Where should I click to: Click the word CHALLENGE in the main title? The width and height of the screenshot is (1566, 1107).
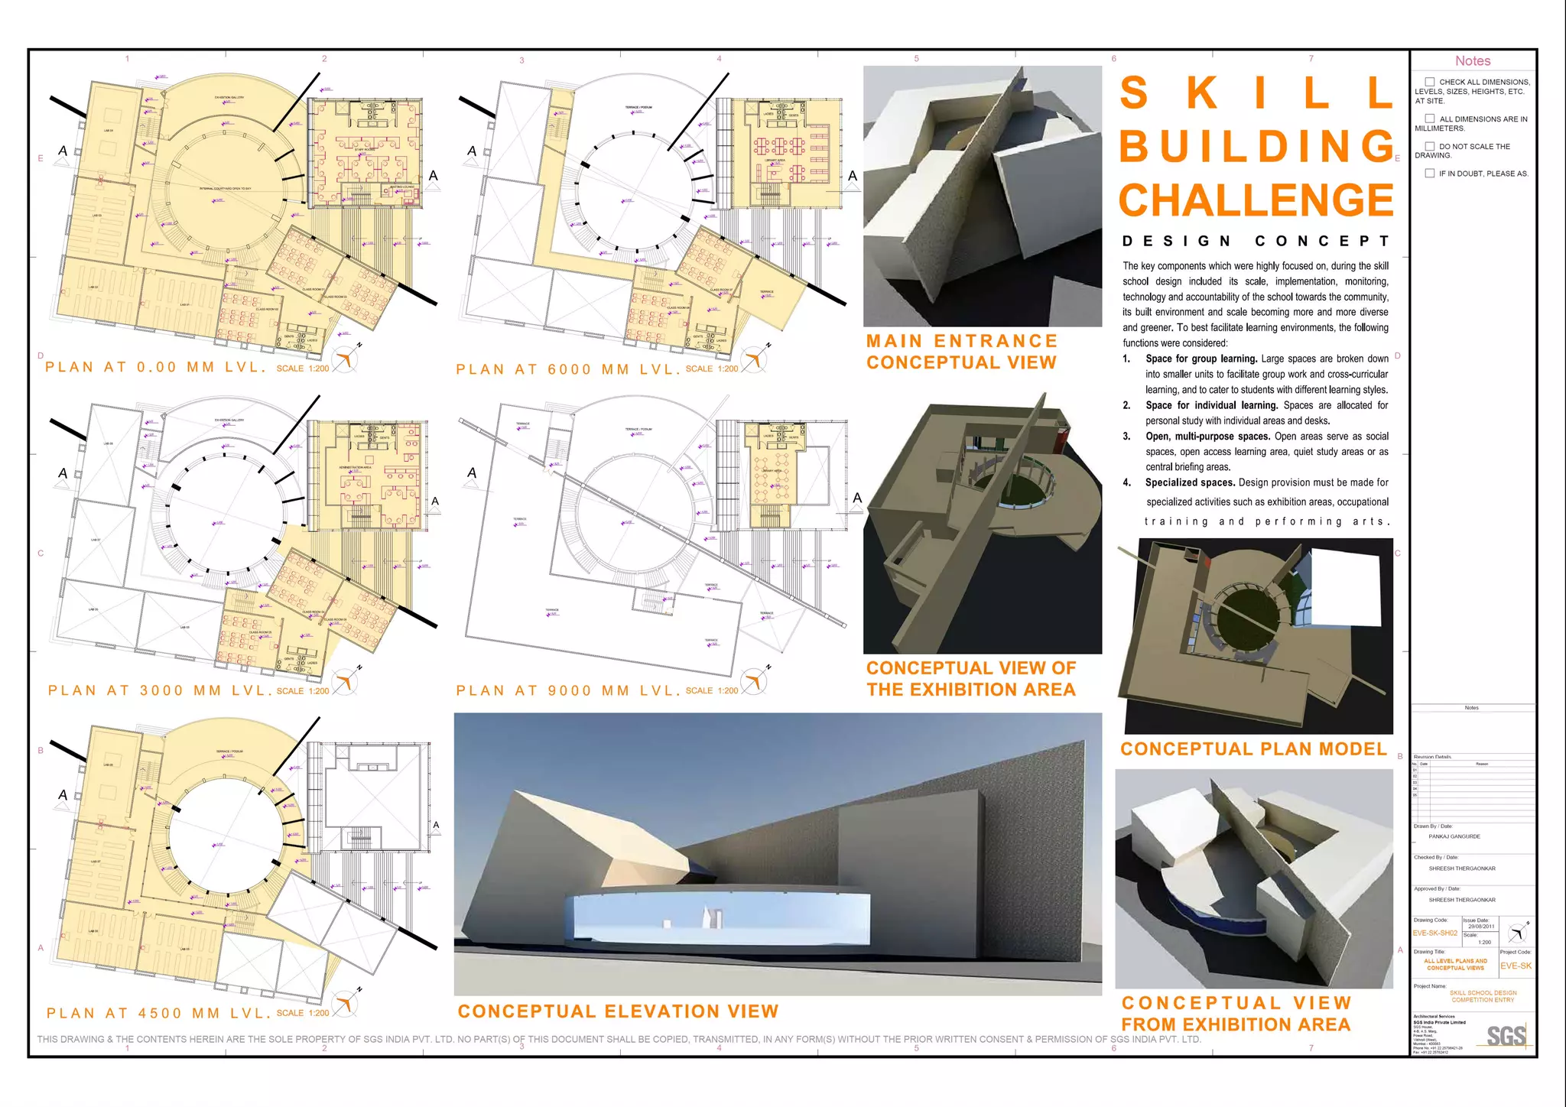tap(1256, 200)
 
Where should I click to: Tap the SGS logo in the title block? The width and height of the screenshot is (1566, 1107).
tap(1506, 1035)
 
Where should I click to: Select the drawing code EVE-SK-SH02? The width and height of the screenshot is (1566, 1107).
tap(1435, 933)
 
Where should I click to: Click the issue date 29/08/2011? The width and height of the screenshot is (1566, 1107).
tap(1481, 927)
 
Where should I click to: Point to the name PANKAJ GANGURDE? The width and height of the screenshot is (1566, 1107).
tap(1454, 836)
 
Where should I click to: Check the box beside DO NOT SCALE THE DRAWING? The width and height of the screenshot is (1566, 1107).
tap(1430, 146)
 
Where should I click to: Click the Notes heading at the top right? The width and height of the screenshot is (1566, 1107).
tap(1473, 61)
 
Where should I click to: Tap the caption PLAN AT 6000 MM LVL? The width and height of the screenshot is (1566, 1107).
tap(567, 369)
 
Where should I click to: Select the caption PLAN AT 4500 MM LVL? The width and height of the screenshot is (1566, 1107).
tap(158, 1013)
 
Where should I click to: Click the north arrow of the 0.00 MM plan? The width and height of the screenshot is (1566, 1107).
tap(346, 358)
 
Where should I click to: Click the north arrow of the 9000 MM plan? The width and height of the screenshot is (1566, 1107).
tap(755, 680)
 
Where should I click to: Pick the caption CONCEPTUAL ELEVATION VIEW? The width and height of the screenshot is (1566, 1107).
tap(618, 1011)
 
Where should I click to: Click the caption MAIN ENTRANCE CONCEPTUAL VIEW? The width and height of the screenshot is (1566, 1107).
tap(961, 352)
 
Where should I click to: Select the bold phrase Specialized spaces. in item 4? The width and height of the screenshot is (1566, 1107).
tap(1190, 482)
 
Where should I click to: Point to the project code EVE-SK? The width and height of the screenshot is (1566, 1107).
tap(1516, 966)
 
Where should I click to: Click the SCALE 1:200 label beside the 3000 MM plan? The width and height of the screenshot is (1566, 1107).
tap(302, 691)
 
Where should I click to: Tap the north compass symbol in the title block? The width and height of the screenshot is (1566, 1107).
tap(1517, 933)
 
